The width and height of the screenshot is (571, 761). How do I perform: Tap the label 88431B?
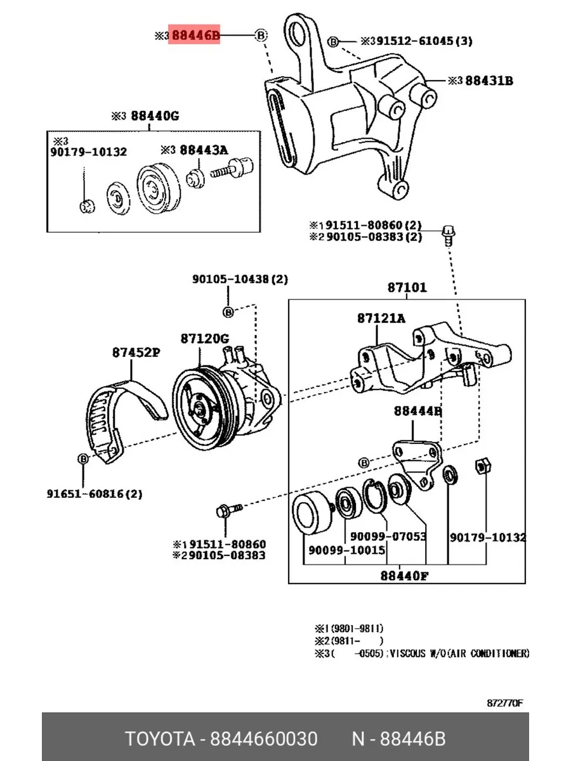click(489, 81)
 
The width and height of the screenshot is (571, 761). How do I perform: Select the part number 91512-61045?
click(415, 41)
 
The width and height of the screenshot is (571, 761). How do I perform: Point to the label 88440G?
click(155, 116)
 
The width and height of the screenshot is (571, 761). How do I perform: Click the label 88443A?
click(203, 150)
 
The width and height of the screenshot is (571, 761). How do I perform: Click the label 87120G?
click(204, 339)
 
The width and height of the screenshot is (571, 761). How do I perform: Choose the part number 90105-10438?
click(231, 278)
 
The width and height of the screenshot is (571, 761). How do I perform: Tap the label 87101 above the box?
click(407, 287)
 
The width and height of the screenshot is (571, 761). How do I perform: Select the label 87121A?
click(381, 319)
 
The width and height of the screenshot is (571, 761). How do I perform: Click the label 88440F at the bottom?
click(404, 576)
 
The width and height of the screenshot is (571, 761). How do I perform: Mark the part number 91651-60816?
click(94, 493)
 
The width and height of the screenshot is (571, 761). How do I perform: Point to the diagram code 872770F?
click(505, 703)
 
